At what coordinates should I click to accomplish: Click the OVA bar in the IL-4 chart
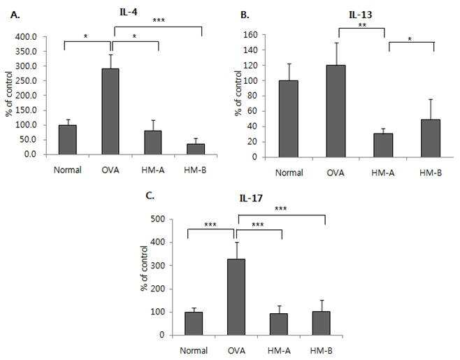110,111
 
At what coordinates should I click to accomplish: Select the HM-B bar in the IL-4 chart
196,149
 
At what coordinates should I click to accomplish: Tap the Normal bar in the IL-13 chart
289,119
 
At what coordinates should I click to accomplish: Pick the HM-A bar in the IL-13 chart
383,145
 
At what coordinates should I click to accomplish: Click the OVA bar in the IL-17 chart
236,297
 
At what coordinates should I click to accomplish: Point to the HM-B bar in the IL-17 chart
322,323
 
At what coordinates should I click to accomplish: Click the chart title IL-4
129,12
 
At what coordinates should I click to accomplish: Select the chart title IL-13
361,15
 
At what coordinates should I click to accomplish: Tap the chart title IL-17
251,199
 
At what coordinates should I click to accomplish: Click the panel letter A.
15,15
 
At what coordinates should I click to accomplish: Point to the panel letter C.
150,196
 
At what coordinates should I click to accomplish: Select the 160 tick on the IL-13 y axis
251,35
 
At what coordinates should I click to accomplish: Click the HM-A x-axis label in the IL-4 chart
153,170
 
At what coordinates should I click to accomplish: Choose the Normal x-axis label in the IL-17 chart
194,351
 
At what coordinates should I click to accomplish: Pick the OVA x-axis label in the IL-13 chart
336,173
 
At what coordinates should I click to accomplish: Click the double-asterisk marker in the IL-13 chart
362,25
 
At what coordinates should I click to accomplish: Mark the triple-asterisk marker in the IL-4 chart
159,20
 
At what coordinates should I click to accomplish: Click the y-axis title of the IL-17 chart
145,268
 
